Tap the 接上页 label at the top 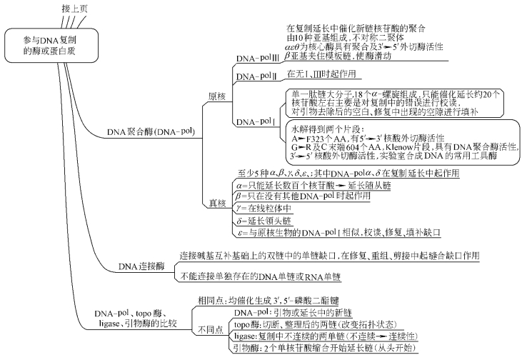(x=74, y=7)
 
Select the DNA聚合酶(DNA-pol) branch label (x=141, y=131)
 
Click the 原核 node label (x=216, y=95)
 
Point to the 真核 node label (x=216, y=203)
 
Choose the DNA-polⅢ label (x=257, y=57)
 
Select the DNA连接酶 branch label (x=141, y=266)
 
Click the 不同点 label (x=209, y=329)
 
